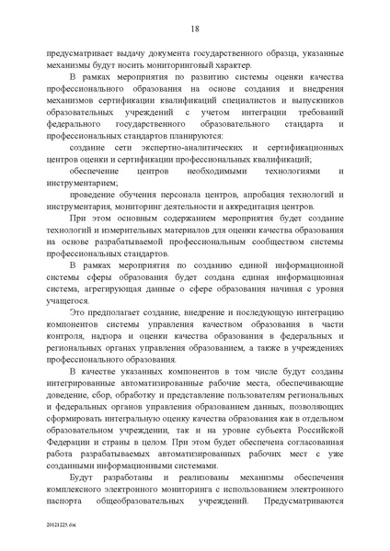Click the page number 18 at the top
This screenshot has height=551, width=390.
(x=195, y=28)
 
